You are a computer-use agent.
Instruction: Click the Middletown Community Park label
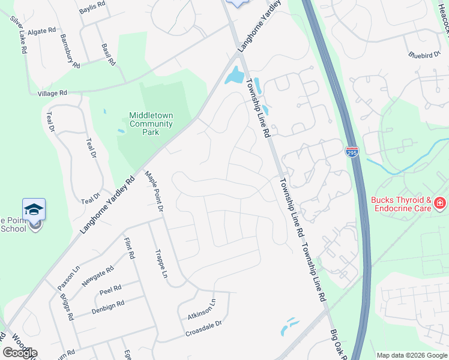point(151,124)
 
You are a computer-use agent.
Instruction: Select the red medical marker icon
point(441,204)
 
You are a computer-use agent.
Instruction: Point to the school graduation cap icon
point(34,209)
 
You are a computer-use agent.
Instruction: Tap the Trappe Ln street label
point(160,264)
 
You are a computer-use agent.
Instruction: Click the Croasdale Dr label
point(204,326)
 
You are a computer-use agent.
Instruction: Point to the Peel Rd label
point(110,290)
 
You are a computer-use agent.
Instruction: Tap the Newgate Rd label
point(97,277)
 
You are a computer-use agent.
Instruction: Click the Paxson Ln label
point(68,277)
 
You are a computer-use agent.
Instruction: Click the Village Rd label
point(52,94)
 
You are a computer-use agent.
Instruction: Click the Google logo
point(20,352)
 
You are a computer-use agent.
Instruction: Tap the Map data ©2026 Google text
point(411,355)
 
